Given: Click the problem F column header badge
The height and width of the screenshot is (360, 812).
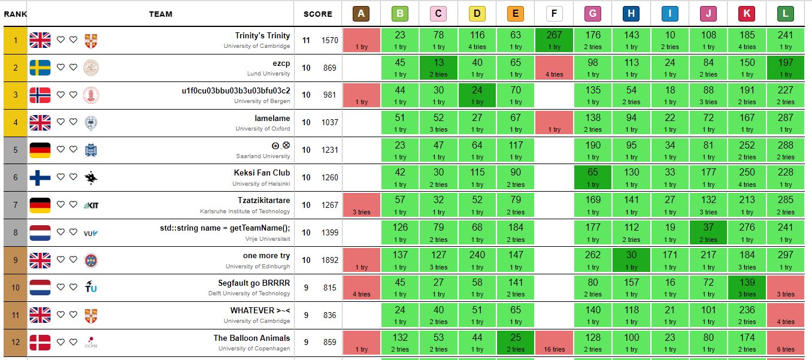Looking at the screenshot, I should click(x=555, y=13).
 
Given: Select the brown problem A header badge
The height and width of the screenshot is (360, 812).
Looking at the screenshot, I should click(x=361, y=13).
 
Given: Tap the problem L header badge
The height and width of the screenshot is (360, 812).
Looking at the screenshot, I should click(x=786, y=13).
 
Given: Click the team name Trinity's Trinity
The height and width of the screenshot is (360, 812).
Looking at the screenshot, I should click(x=262, y=35).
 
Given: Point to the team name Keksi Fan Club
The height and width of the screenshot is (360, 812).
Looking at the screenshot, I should click(x=262, y=173).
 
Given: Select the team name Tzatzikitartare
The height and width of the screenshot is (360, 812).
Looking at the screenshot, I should click(x=263, y=200).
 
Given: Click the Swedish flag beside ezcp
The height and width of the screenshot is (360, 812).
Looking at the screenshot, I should click(x=40, y=68).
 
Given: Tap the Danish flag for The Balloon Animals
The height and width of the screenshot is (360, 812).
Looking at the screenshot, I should click(x=40, y=343).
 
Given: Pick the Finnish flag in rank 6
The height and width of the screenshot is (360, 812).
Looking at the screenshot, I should click(x=40, y=177).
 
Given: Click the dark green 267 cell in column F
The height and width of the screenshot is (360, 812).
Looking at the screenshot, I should click(x=555, y=40).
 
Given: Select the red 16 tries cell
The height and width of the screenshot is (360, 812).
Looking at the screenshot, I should click(x=555, y=343).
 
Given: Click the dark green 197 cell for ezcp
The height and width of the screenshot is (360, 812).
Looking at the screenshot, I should click(x=786, y=68).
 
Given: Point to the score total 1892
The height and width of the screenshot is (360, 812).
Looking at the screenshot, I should click(x=330, y=260).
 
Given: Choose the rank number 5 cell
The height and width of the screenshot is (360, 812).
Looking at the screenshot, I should click(x=15, y=150).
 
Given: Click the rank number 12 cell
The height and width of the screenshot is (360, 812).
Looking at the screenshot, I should click(x=15, y=343).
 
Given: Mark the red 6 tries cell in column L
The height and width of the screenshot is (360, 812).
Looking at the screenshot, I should click(x=786, y=343).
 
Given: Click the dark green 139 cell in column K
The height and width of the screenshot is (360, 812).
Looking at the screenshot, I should click(x=747, y=288).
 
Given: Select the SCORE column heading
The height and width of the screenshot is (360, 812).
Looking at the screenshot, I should click(x=317, y=14).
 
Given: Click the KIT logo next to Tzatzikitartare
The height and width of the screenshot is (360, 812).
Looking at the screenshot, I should click(x=92, y=205).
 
